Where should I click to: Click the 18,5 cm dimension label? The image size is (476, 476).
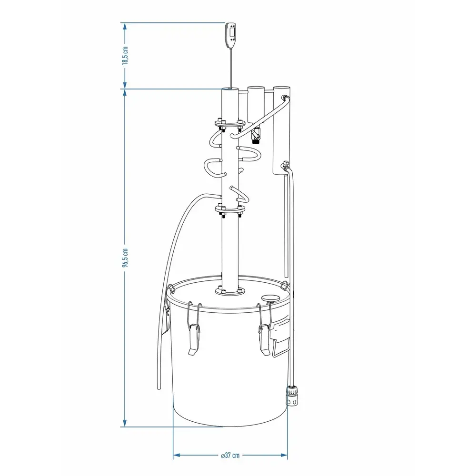[x=125, y=56]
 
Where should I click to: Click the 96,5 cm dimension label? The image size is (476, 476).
[x=125, y=258]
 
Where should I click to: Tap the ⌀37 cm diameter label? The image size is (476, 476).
[x=230, y=455]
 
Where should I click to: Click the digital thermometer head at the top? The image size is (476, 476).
[x=230, y=35]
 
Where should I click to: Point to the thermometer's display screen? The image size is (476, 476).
[x=233, y=32]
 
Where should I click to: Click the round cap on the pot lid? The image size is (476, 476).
[x=270, y=298]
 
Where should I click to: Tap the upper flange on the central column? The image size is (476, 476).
[x=230, y=124]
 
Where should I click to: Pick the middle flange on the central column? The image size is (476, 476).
[x=230, y=209]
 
